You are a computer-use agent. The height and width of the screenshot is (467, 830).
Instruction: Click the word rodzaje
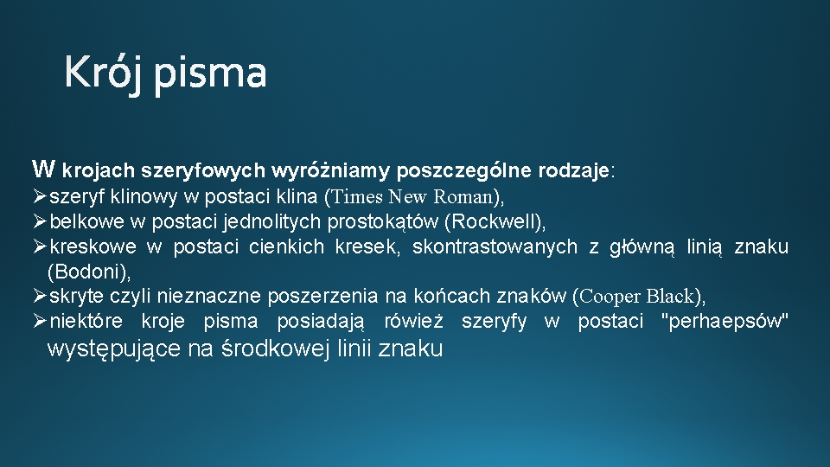[x=574, y=170]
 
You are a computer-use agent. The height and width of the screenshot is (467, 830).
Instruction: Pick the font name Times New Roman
[x=412, y=196]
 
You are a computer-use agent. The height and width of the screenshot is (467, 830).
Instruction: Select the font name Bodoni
[x=88, y=272]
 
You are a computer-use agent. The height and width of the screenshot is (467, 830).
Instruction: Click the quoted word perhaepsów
[x=725, y=322]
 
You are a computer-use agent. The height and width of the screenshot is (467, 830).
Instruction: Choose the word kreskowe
[x=93, y=246]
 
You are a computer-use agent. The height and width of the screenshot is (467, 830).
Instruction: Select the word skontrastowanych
[x=495, y=246]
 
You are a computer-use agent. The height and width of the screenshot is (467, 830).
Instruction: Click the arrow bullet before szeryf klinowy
[x=40, y=196]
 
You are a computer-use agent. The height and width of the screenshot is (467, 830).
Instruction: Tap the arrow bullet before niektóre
[x=40, y=322]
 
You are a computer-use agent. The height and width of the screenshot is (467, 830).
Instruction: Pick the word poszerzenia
[x=322, y=297]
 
